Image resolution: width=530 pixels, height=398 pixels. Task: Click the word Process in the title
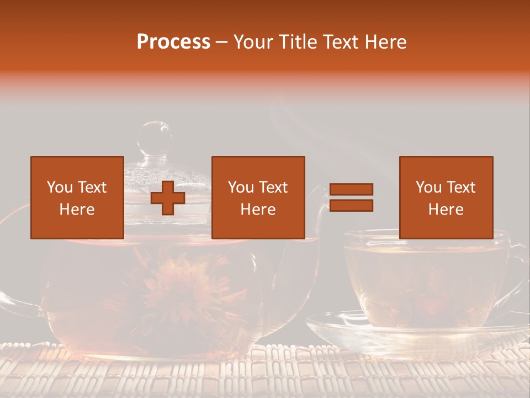click(173, 41)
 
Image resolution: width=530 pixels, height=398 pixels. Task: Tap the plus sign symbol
click(168, 198)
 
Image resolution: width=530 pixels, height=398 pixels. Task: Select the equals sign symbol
click(351, 197)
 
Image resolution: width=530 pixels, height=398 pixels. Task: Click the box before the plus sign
click(77, 197)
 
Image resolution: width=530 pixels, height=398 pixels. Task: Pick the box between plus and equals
click(258, 197)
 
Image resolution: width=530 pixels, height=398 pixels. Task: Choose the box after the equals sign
click(446, 197)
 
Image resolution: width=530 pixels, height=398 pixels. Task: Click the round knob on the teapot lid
click(155, 136)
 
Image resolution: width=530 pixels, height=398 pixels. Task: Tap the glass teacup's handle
click(519, 271)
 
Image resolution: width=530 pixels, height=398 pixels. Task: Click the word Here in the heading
click(385, 41)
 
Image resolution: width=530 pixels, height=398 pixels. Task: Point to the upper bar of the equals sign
click(351, 189)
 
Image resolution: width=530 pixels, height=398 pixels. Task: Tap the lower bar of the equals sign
click(351, 206)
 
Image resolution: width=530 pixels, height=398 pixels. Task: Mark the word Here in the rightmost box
click(446, 209)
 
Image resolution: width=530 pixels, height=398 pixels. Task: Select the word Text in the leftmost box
click(92, 187)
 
